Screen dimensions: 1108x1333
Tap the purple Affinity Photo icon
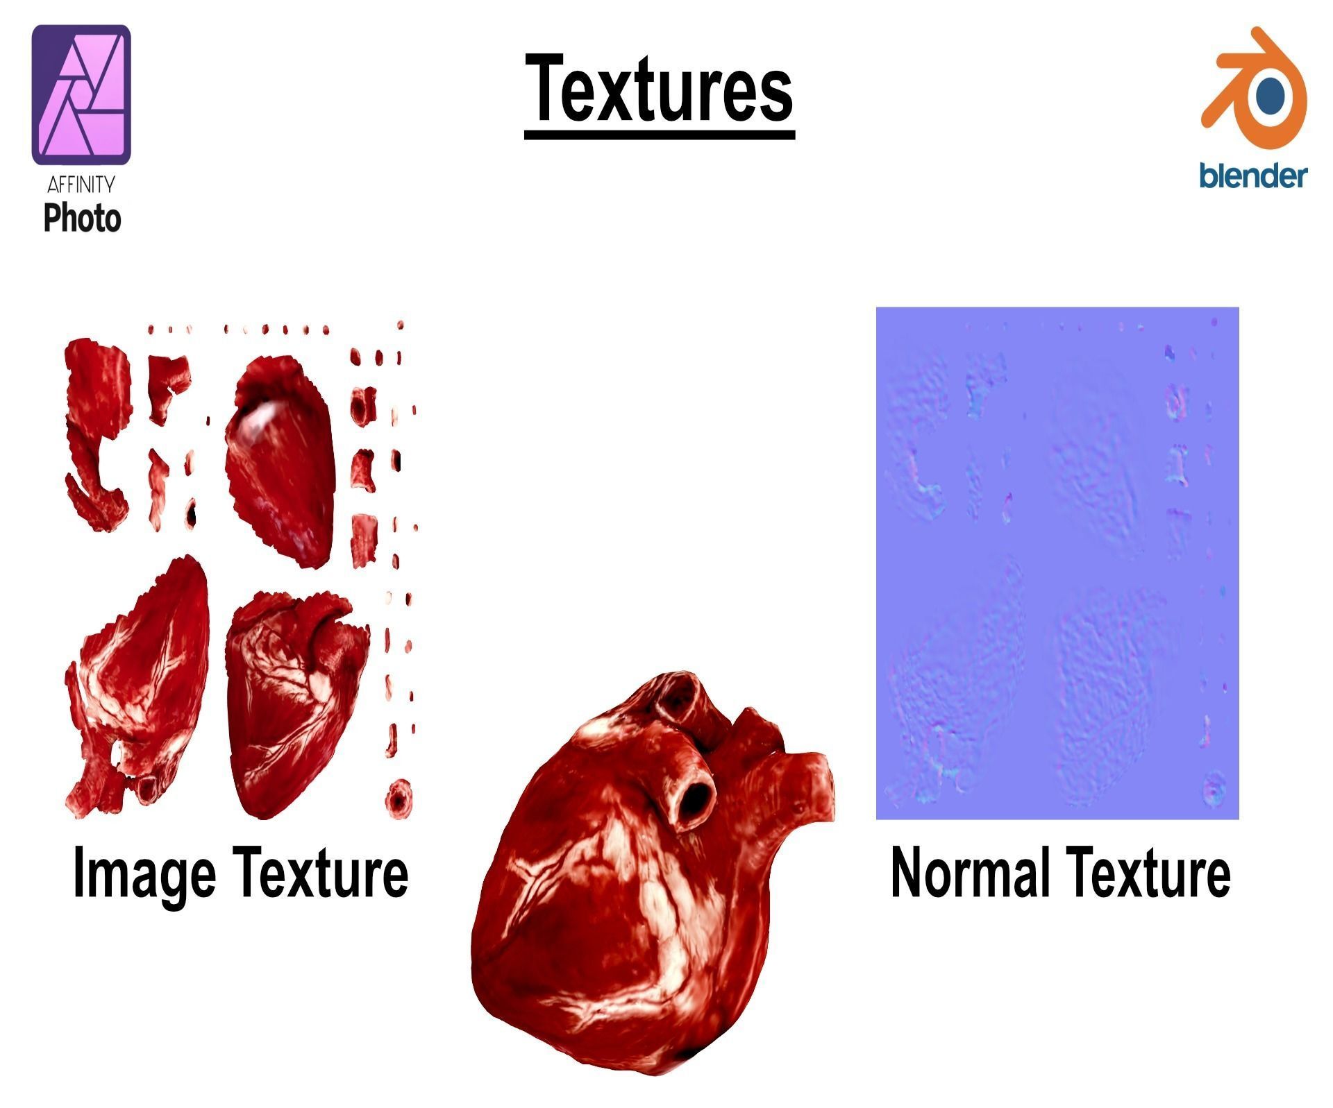(81, 95)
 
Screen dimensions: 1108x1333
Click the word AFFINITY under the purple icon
(81, 185)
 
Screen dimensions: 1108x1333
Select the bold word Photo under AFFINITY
(82, 218)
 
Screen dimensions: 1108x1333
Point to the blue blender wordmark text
(1253, 176)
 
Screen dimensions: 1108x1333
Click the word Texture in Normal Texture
(1148, 872)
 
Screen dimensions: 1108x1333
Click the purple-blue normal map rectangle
(1057, 563)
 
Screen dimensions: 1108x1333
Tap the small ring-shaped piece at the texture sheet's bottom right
(399, 799)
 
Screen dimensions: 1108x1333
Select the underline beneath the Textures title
(659, 135)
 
